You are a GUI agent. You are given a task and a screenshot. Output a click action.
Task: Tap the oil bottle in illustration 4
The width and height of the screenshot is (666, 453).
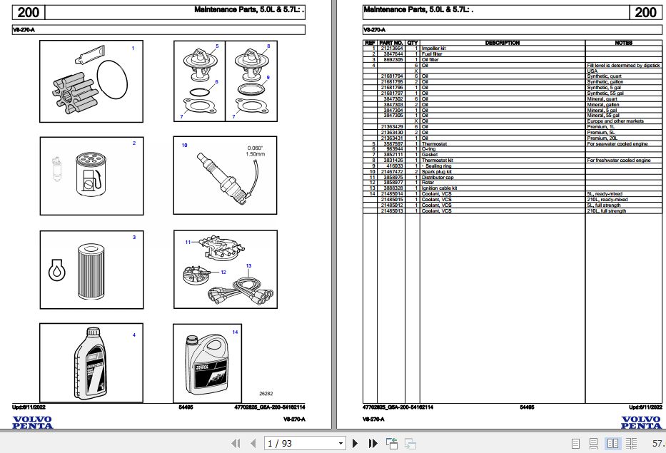click(90, 364)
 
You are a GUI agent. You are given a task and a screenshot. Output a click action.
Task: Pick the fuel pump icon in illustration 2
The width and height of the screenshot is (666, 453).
click(87, 181)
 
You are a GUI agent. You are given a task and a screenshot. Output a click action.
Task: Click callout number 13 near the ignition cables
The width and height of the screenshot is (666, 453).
click(248, 265)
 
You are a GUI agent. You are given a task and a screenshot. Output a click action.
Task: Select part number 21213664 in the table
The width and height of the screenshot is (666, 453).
click(392, 49)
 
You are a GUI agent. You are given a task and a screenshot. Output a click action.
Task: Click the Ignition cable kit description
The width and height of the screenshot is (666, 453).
click(439, 188)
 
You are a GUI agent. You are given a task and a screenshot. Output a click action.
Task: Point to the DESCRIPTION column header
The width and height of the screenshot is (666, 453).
click(502, 43)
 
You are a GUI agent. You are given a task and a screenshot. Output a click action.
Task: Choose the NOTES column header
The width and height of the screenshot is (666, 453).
click(623, 43)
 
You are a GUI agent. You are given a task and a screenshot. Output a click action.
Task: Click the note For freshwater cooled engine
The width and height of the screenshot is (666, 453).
click(618, 161)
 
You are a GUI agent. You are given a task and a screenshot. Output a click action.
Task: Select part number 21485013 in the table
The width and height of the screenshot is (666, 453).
click(392, 211)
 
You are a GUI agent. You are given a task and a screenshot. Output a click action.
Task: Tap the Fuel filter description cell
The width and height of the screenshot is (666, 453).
click(432, 54)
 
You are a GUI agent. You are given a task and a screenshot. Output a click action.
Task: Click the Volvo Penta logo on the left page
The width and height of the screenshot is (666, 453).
click(32, 422)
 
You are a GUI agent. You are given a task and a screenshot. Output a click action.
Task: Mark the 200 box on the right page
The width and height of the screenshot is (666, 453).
click(645, 12)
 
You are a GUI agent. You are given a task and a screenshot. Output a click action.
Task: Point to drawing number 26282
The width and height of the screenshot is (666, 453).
click(266, 393)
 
